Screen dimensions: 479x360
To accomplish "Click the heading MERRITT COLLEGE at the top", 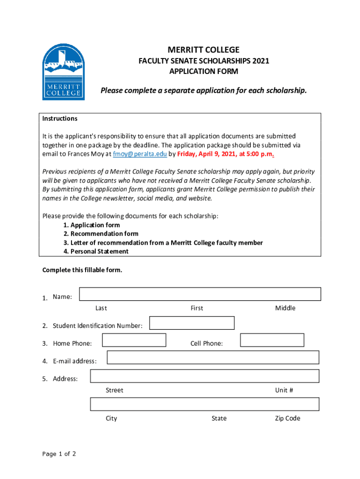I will tap(203, 50).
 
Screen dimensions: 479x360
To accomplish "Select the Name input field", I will tap(200, 294).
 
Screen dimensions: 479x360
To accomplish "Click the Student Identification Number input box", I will tap(192, 323).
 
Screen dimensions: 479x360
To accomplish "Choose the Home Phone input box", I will tap(134, 340).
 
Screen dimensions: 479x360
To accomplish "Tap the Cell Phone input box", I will tap(272, 340).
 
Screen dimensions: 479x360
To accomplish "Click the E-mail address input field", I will tap(213, 357).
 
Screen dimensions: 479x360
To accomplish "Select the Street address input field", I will tap(204, 376).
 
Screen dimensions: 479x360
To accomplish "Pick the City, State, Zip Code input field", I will tap(204, 404).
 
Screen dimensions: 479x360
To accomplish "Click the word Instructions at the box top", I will tap(60, 119).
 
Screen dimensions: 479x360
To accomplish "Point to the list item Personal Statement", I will tap(99, 252).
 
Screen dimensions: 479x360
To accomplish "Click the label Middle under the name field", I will tap(285, 308).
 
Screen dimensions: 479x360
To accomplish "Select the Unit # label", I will tap(284, 390).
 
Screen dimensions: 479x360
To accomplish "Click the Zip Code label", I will tap(288, 418).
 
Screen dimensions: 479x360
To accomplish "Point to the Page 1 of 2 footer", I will tap(59, 454).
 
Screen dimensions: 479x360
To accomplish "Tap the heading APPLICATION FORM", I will tap(203, 72).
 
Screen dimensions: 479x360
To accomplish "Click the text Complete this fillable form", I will tap(82, 270).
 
